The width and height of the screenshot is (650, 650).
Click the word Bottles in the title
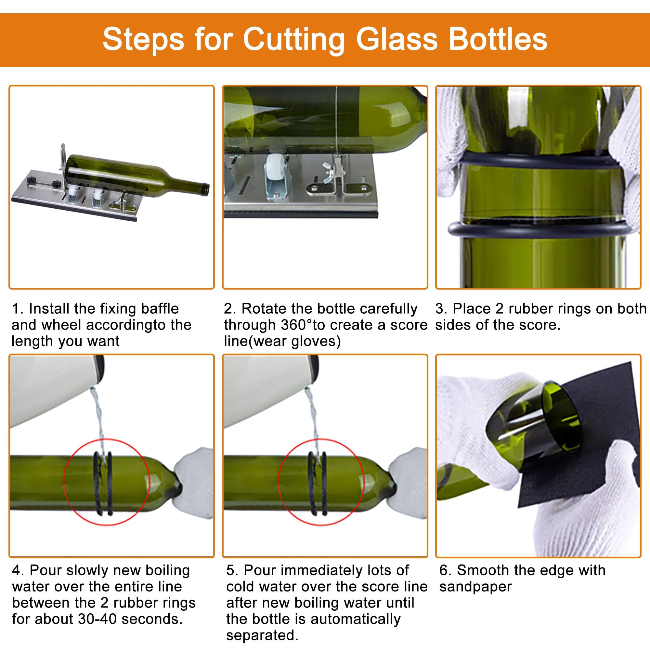pos(498,40)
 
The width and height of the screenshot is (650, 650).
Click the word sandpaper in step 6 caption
pos(475,586)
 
